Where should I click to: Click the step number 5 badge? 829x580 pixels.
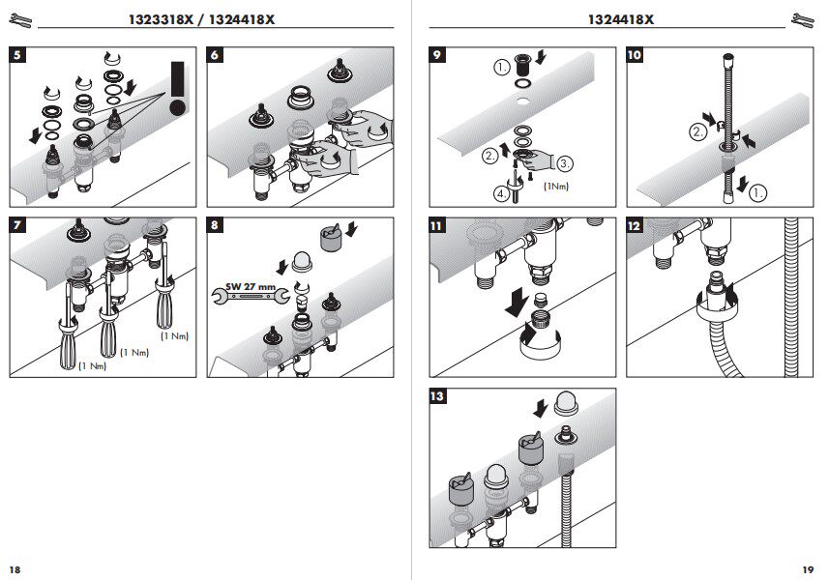[x=18, y=55]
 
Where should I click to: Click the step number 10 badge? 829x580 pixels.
[x=635, y=55]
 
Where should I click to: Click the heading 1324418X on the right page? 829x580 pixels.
[x=620, y=19]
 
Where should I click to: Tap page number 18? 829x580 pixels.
[x=15, y=567]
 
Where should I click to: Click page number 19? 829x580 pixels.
[x=809, y=567]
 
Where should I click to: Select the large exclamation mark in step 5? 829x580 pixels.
[x=177, y=88]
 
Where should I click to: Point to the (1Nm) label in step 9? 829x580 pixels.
[x=555, y=186]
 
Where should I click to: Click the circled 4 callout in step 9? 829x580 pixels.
[x=501, y=192]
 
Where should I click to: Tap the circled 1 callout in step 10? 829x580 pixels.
[x=758, y=192]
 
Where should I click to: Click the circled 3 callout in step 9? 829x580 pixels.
[x=565, y=163]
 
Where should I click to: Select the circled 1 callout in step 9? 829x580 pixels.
[x=501, y=68]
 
